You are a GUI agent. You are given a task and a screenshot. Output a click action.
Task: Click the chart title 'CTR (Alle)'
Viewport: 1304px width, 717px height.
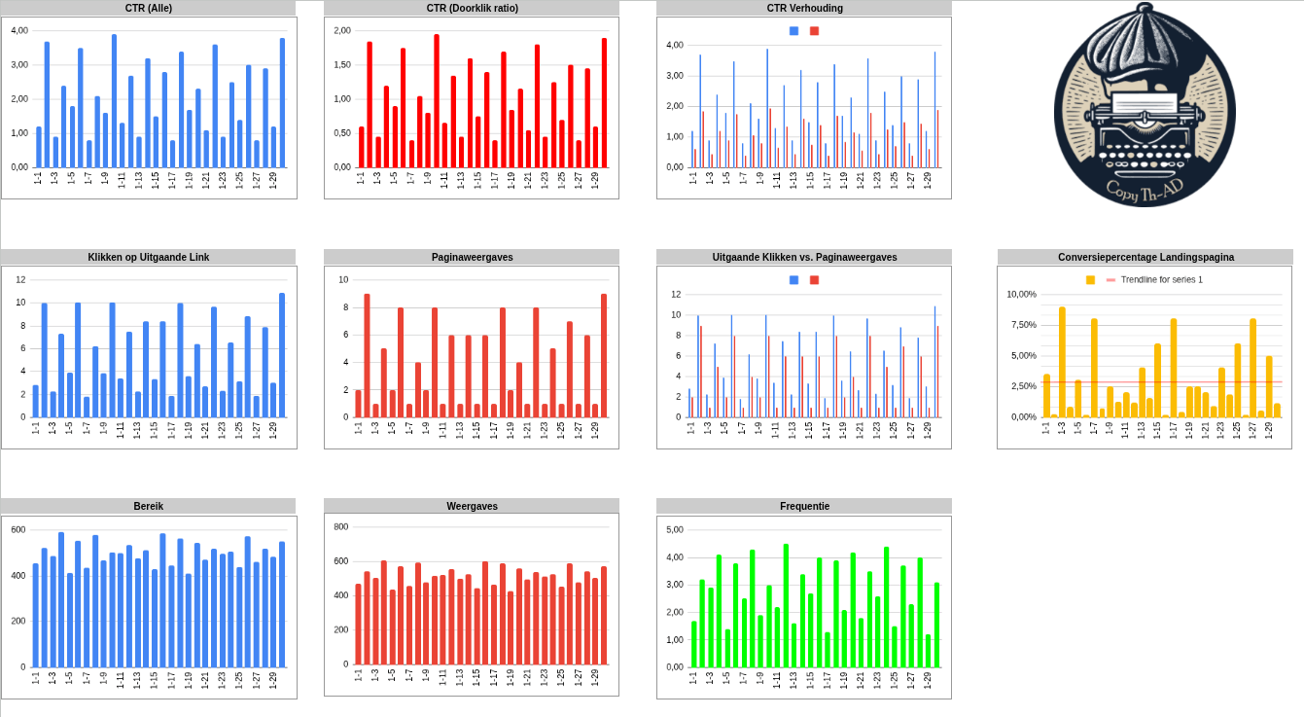(x=148, y=8)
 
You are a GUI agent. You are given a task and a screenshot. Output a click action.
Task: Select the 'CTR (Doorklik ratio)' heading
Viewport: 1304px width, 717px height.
(x=472, y=8)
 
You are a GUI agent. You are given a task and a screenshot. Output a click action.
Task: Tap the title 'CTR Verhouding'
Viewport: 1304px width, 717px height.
(x=804, y=8)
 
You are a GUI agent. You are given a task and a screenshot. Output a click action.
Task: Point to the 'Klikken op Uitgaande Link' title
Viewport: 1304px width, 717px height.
(x=148, y=257)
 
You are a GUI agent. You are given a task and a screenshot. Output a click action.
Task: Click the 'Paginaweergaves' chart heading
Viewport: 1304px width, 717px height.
(x=472, y=257)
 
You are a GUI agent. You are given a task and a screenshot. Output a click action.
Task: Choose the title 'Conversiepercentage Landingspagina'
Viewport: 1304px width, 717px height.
(x=1145, y=257)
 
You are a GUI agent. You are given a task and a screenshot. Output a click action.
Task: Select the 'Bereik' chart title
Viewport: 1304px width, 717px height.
(x=148, y=506)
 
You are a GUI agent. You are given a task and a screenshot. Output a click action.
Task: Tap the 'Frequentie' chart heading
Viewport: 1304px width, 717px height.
(x=804, y=506)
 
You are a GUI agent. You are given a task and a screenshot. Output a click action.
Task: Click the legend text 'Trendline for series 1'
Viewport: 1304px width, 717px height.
(x=1161, y=280)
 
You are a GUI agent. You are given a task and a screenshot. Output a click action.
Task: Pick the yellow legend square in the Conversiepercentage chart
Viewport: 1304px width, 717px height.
(x=1090, y=280)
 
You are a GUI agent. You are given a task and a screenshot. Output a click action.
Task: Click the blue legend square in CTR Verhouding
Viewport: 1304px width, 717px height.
(x=793, y=31)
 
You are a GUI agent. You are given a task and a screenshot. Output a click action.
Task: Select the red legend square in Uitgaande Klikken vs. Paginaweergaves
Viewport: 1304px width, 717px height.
(x=814, y=280)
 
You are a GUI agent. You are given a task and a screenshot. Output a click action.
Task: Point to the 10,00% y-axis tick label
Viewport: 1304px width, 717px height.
(x=1021, y=294)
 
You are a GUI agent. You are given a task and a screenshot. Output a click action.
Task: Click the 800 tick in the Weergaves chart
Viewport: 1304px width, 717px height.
(x=340, y=526)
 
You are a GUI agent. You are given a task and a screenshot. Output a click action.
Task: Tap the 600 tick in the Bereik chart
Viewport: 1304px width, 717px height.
(x=18, y=529)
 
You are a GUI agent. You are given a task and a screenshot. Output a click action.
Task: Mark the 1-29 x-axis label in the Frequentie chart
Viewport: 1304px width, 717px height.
(x=927, y=677)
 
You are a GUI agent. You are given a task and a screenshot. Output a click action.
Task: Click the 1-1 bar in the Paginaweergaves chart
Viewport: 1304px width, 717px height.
(x=358, y=404)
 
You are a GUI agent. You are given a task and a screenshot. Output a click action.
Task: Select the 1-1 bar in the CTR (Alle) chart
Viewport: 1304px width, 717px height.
(x=39, y=147)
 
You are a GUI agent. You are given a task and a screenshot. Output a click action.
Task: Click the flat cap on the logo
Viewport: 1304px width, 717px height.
(x=1138, y=49)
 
